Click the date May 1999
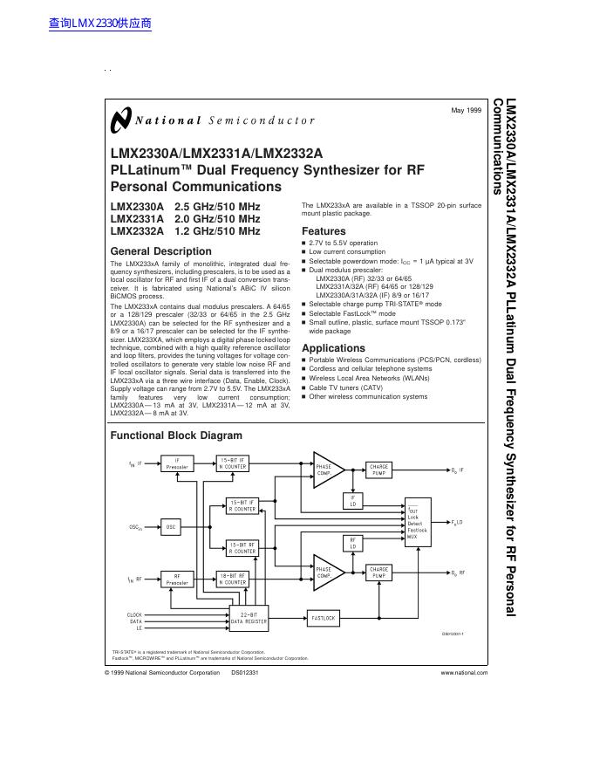466,110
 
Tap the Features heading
324,231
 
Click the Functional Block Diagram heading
176,435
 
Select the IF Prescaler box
178,463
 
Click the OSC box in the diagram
171,527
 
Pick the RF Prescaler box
178,579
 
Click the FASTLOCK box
324,618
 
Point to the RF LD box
353,543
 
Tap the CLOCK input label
134,614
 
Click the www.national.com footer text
464,674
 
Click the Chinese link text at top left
101,24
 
